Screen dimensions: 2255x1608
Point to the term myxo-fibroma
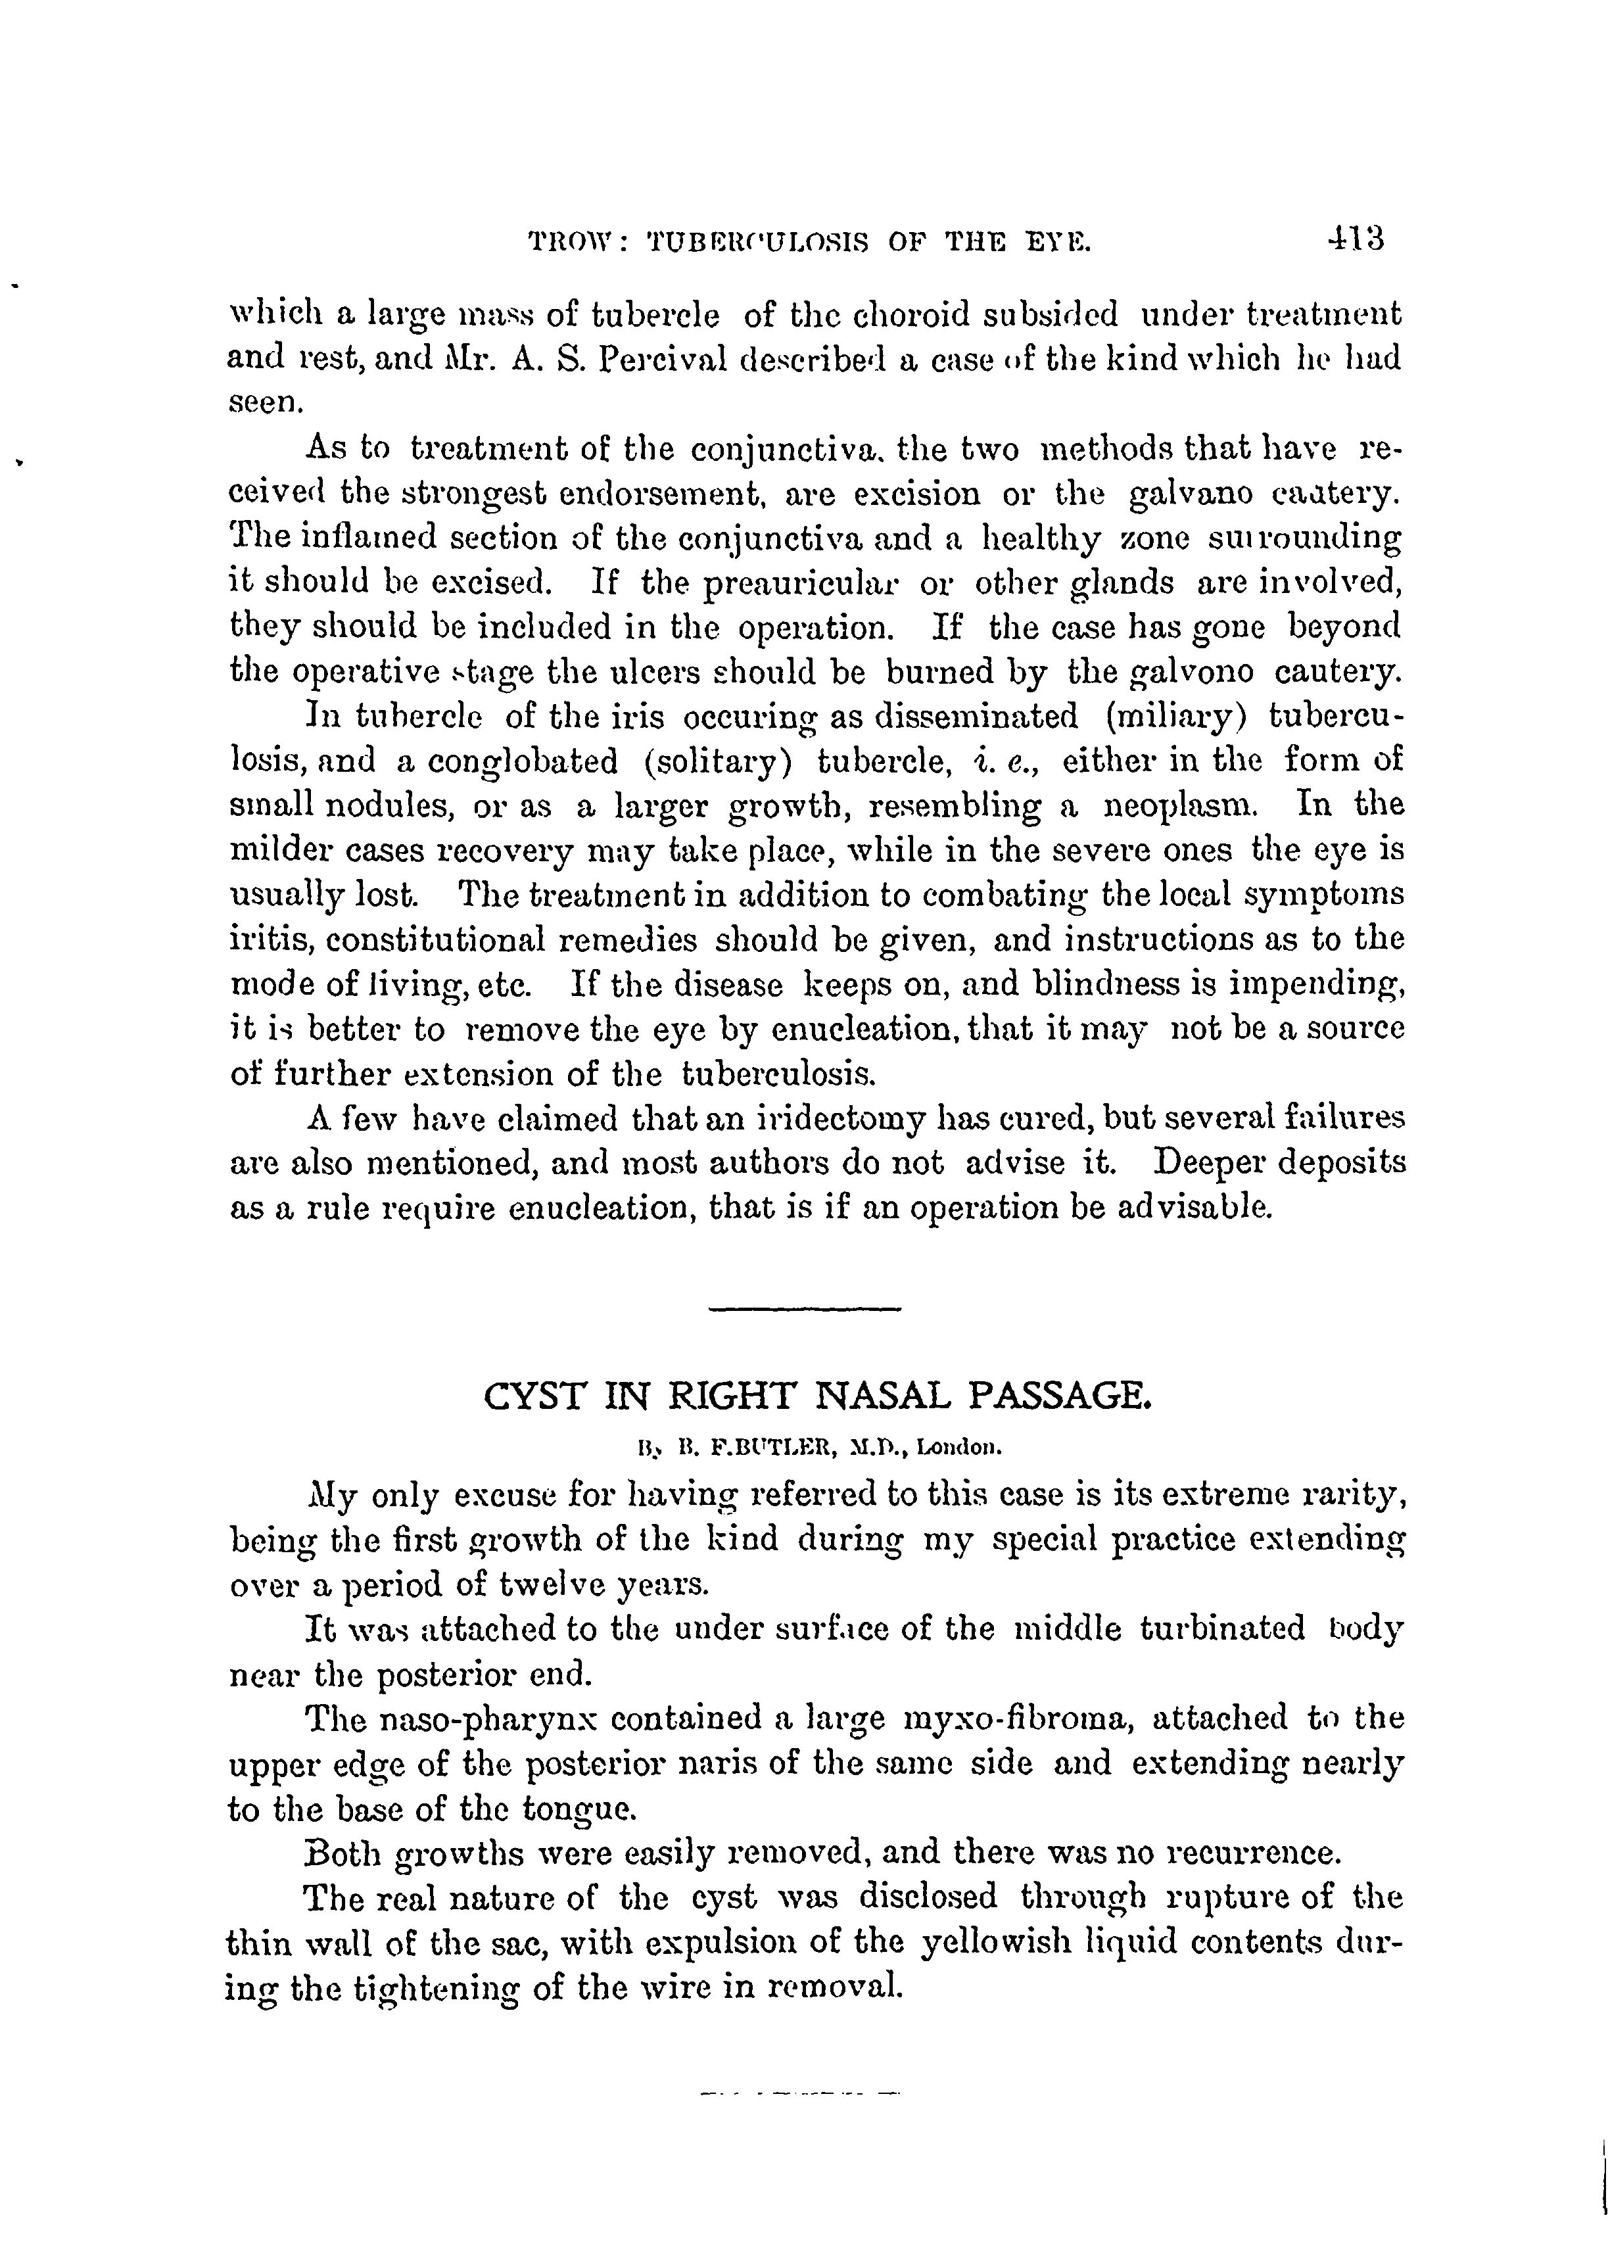[x=1018, y=1719]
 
